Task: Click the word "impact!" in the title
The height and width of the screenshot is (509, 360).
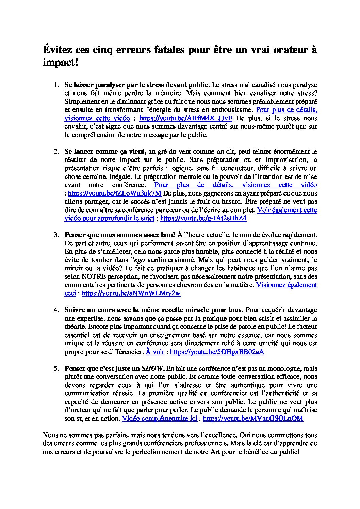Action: pyautogui.click(x=60, y=62)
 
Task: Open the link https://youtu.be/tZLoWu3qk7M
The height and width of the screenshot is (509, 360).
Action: pyautogui.click(x=115, y=193)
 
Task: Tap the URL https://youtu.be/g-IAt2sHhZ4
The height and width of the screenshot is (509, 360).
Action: pyautogui.click(x=203, y=218)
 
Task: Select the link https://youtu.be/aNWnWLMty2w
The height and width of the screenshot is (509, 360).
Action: pyautogui.click(x=131, y=293)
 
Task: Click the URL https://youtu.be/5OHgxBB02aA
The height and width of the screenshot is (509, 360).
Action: pyautogui.click(x=217, y=352)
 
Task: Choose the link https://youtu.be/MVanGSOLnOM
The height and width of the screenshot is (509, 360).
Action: pyautogui.click(x=253, y=419)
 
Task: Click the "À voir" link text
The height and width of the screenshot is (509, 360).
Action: pyautogui.click(x=155, y=352)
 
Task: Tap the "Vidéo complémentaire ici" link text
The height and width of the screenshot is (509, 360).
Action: pyautogui.click(x=159, y=419)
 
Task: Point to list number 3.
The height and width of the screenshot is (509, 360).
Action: pyautogui.click(x=56, y=235)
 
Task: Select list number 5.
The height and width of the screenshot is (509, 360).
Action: pyautogui.click(x=56, y=369)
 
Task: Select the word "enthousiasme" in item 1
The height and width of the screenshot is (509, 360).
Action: pyautogui.click(x=232, y=110)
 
